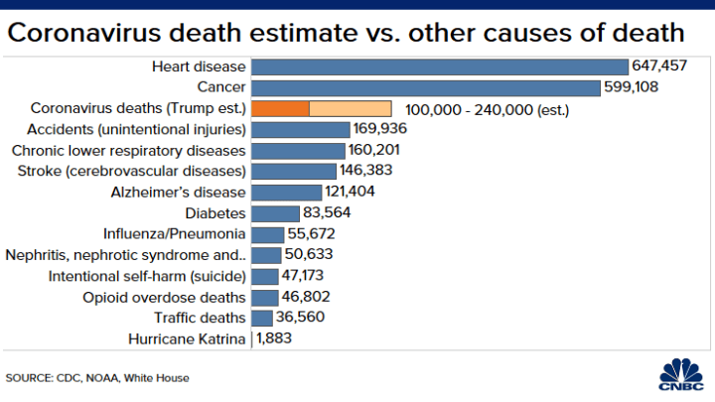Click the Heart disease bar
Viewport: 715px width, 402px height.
(440, 67)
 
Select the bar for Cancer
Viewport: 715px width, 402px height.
(427, 87)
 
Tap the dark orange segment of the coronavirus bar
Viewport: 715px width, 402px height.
(280, 108)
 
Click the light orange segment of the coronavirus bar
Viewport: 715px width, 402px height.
(351, 108)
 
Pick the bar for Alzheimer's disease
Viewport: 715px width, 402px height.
(286, 192)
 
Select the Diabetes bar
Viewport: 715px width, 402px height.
(275, 212)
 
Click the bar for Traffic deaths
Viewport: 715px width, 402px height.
(262, 318)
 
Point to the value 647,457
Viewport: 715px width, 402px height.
(658, 67)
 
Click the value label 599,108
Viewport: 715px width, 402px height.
(635, 87)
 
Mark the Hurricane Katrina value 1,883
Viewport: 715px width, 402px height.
(273, 338)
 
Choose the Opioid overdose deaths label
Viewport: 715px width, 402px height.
(164, 297)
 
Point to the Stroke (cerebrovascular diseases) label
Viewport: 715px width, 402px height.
(128, 171)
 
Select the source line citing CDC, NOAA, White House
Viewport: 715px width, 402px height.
(97, 378)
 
